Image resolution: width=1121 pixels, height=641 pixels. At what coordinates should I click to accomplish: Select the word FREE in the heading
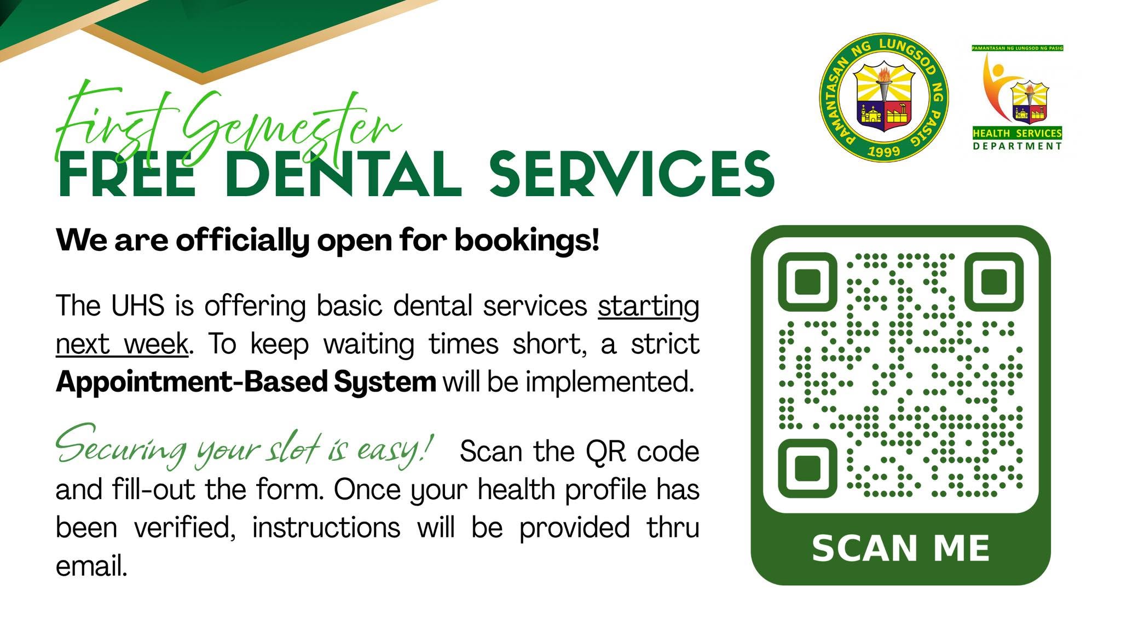(x=126, y=173)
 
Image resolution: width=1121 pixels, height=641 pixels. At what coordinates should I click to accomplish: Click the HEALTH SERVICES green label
(x=1017, y=133)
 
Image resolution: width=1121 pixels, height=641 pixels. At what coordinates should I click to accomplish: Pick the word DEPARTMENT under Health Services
(x=1018, y=146)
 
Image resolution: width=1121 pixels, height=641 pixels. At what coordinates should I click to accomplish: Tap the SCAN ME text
(x=901, y=548)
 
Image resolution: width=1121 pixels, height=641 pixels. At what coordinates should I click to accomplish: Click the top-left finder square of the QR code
(x=807, y=282)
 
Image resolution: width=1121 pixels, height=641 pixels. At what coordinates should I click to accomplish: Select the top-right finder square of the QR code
(x=994, y=282)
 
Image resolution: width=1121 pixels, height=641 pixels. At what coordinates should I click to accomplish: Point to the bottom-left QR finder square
(x=807, y=468)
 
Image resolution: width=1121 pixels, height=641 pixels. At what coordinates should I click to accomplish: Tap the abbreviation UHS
(x=137, y=305)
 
